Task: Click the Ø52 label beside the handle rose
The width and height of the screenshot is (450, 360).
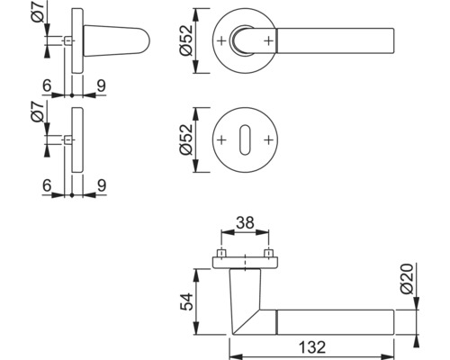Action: (x=186, y=40)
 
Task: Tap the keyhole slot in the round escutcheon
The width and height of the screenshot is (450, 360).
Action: (x=245, y=141)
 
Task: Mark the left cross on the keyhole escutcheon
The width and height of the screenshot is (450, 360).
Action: (x=222, y=141)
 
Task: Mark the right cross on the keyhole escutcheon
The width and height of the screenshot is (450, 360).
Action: (x=267, y=141)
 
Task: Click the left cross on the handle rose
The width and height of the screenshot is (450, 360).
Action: (x=222, y=40)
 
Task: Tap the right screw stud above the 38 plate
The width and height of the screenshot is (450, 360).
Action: (x=267, y=251)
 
